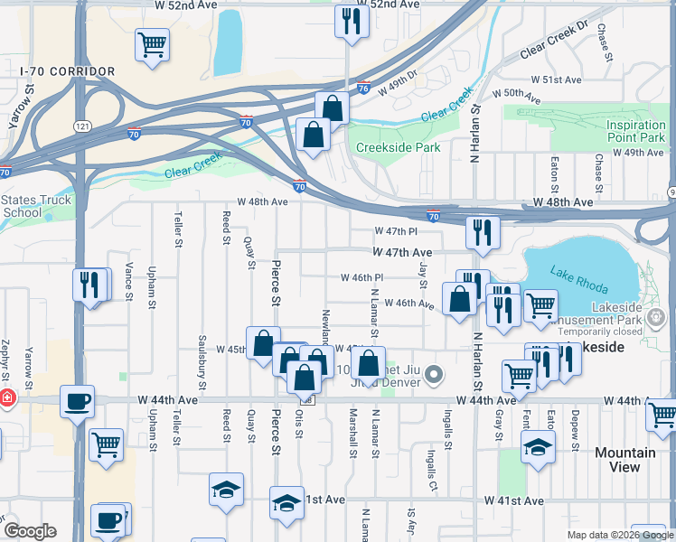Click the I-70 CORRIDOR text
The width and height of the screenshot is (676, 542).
pyautogui.click(x=69, y=71)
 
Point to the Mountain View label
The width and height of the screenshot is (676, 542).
pyautogui.click(x=625, y=459)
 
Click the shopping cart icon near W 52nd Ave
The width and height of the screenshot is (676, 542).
pyautogui.click(x=153, y=44)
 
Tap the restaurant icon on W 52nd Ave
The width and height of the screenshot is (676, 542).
pyautogui.click(x=351, y=21)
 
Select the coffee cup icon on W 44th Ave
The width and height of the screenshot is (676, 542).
pyautogui.click(x=77, y=399)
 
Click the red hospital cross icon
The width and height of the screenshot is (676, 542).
pyautogui.click(x=7, y=397)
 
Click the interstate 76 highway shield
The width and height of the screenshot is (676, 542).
pyautogui.click(x=362, y=89)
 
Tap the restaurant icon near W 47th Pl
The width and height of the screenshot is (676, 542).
pyautogui.click(x=483, y=231)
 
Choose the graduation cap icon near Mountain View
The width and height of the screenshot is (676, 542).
pyautogui.click(x=538, y=446)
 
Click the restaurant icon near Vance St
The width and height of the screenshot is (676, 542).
pyautogui.click(x=89, y=284)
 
